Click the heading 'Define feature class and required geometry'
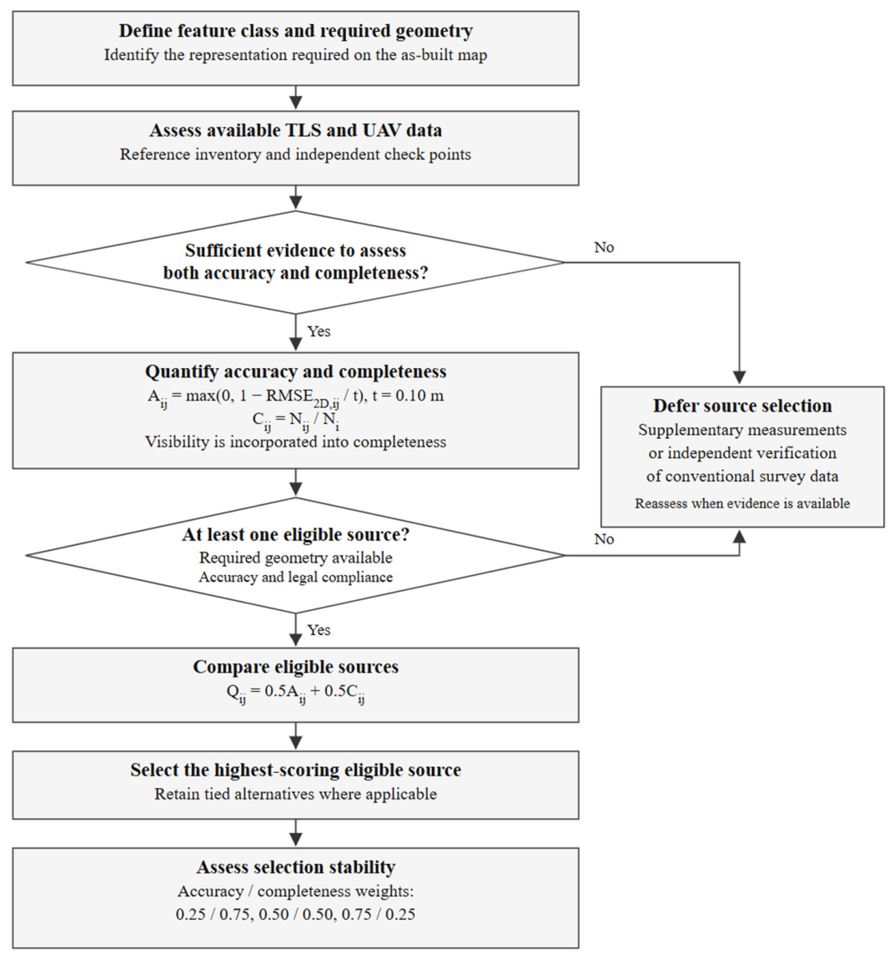coord(296,31)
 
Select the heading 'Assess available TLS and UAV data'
coord(296,130)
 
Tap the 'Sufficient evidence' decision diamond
coord(296,262)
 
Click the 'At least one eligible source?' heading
coord(296,534)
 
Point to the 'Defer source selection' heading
coord(742,406)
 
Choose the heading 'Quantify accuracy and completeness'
coord(296,371)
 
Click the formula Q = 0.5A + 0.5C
coord(296,693)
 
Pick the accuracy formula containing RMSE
coord(296,397)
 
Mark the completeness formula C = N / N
coord(296,421)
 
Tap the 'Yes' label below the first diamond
coord(319,331)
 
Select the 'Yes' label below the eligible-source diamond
coord(319,630)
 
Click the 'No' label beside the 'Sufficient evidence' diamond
coord(604,247)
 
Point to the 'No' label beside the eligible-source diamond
coord(604,539)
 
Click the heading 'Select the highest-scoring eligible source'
coord(296,770)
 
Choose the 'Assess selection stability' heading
coord(296,867)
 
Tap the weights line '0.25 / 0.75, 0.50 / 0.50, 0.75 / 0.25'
coord(296,915)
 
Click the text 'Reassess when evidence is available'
coord(742,503)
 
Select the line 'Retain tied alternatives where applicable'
coord(296,794)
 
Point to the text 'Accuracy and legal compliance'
coord(296,578)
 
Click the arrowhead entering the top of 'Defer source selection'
coord(740,378)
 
